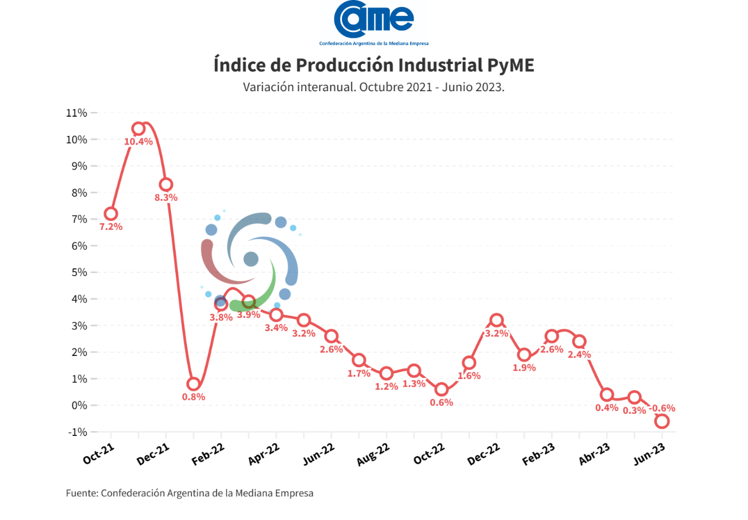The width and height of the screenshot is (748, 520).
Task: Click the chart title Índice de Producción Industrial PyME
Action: [373, 65]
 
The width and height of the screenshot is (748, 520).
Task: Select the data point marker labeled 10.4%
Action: [138, 129]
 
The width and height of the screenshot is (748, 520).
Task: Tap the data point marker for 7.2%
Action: [111, 213]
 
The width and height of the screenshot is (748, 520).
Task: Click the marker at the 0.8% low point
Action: [193, 384]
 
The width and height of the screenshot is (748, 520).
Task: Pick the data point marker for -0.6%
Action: [662, 421]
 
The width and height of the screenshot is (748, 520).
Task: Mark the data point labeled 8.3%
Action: [166, 184]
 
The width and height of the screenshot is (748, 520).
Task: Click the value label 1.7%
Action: [359, 374]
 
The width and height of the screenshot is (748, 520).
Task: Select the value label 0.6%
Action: [441, 403]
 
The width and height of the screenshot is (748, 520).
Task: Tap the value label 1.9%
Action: [524, 368]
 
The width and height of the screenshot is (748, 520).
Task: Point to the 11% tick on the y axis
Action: [77, 113]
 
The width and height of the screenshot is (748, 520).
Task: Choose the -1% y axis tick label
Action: [77, 432]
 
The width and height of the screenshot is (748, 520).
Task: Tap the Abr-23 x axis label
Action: [594, 454]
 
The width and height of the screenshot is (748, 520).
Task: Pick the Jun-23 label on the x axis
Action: [650, 454]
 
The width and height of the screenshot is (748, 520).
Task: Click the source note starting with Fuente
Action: [189, 493]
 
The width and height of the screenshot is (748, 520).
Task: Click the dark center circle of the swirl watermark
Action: [251, 259]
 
